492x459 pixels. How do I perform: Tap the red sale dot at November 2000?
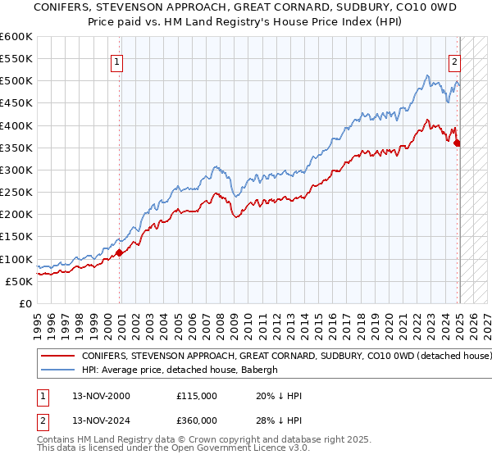point(120,252)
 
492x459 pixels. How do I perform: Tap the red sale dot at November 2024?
point(457,143)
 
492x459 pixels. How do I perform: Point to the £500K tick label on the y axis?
point(16,81)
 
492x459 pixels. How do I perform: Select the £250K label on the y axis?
point(16,193)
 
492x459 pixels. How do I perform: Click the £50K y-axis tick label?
point(20,281)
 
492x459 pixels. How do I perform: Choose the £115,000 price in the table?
point(197,396)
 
